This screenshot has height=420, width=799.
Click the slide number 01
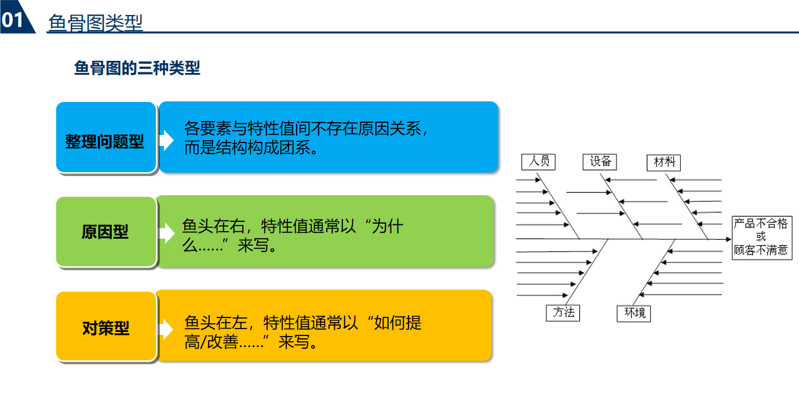13,20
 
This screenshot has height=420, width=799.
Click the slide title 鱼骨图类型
96,23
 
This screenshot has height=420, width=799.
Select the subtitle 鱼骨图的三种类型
137,68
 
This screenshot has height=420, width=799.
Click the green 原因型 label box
105,232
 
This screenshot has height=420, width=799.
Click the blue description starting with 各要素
328,137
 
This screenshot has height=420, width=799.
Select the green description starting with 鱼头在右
324,232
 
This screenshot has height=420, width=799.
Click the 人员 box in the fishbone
539,161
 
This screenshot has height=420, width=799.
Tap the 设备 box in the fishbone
600,161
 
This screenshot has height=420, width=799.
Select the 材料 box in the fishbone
663,162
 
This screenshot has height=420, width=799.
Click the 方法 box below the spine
563,313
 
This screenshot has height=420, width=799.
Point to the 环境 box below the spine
634,313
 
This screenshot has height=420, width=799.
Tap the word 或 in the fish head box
761,237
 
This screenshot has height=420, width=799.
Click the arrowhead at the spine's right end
728,239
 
